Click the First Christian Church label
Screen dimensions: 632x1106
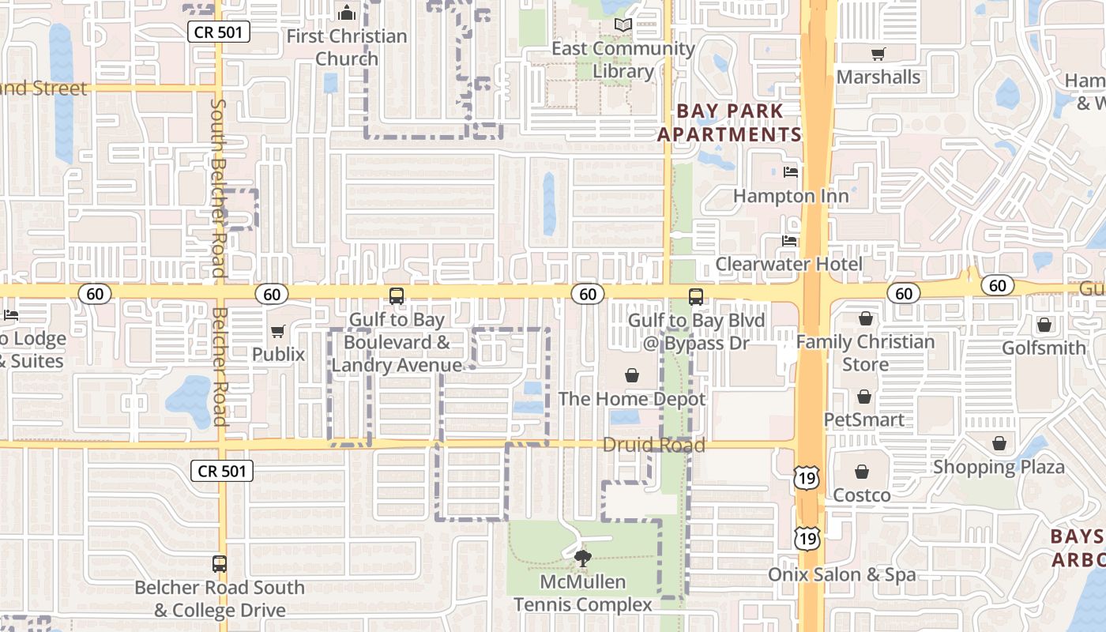point(347,47)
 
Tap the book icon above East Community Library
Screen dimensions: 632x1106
point(623,25)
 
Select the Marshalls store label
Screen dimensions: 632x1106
point(878,77)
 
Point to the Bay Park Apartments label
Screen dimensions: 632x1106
point(729,122)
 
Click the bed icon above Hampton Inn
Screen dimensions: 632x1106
point(790,172)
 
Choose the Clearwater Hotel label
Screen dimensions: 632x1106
point(789,264)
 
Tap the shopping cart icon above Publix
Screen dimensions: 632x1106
point(277,332)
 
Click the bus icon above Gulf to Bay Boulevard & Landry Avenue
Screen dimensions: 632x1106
point(397,296)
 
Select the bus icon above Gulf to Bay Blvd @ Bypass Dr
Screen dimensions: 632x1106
point(695,296)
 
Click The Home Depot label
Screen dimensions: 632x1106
point(632,399)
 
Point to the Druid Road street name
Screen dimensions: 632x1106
point(653,445)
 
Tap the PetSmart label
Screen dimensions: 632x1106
point(864,419)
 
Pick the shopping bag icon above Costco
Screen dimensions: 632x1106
point(862,472)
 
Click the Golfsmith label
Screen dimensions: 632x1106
point(1044,348)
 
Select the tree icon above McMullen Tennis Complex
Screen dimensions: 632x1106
point(583,559)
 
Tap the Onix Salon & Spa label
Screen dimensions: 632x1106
point(843,574)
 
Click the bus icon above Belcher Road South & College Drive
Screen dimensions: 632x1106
point(220,564)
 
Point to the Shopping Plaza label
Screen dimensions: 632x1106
point(999,466)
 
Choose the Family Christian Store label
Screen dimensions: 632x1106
point(866,353)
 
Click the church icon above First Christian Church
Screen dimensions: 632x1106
point(346,13)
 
